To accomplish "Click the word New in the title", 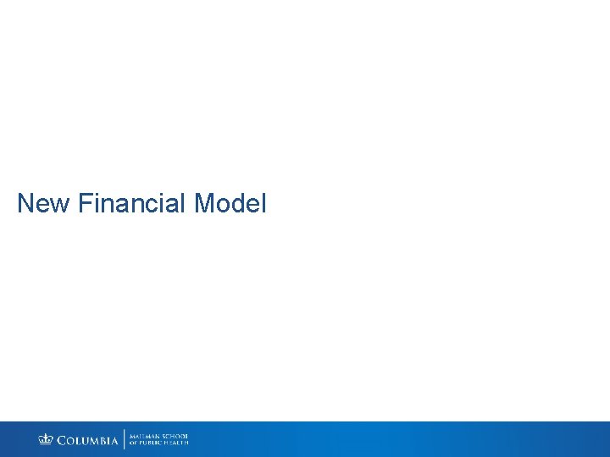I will coord(43,204).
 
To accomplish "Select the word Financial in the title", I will coord(132,204).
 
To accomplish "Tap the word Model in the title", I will coord(230,204).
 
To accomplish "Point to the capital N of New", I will coord(25,204).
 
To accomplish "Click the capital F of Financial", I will coord(84,204).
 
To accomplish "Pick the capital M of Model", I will coord(204,204).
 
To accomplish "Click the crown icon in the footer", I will coord(46,439).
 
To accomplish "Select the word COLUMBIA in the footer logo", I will coord(88,440).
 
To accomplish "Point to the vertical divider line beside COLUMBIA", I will coord(125,439).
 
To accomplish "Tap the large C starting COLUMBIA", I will coord(62,440).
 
